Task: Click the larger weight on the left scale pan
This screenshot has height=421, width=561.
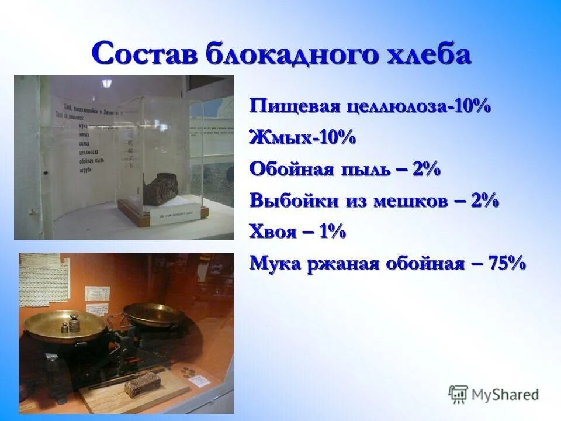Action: [x=74, y=321]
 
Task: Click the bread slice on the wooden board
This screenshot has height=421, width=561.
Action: [x=143, y=383]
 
